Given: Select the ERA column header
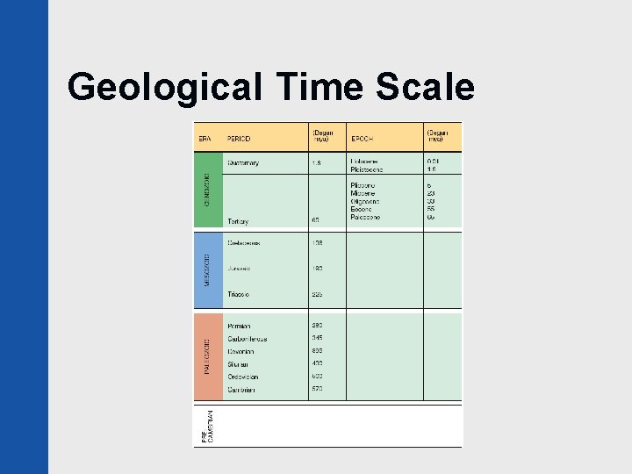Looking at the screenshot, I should point(205,139).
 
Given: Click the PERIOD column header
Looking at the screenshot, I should point(239,139).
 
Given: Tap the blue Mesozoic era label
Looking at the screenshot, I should point(208,269).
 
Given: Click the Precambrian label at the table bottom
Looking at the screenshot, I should point(208,427).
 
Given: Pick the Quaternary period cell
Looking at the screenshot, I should point(243,162).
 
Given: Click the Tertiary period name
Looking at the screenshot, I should point(238,221).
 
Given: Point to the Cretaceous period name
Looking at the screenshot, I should point(244,242).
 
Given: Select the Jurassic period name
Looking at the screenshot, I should point(240,269).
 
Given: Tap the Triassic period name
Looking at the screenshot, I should point(239,294).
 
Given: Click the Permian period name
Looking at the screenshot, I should point(239,326).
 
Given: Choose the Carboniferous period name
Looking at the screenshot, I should point(247,339).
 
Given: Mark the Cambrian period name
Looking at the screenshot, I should point(241,390).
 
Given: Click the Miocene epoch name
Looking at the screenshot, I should point(363,193).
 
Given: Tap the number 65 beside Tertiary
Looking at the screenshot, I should point(316,221).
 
